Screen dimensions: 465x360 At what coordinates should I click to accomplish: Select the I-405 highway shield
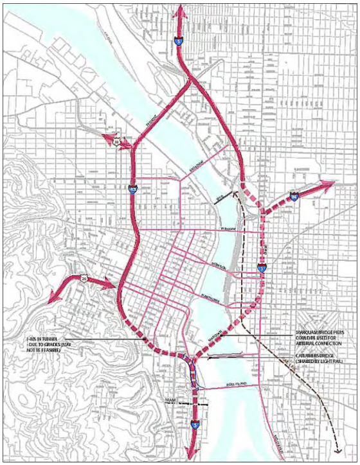(131, 189)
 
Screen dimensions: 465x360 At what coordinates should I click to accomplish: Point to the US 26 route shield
(85, 279)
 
